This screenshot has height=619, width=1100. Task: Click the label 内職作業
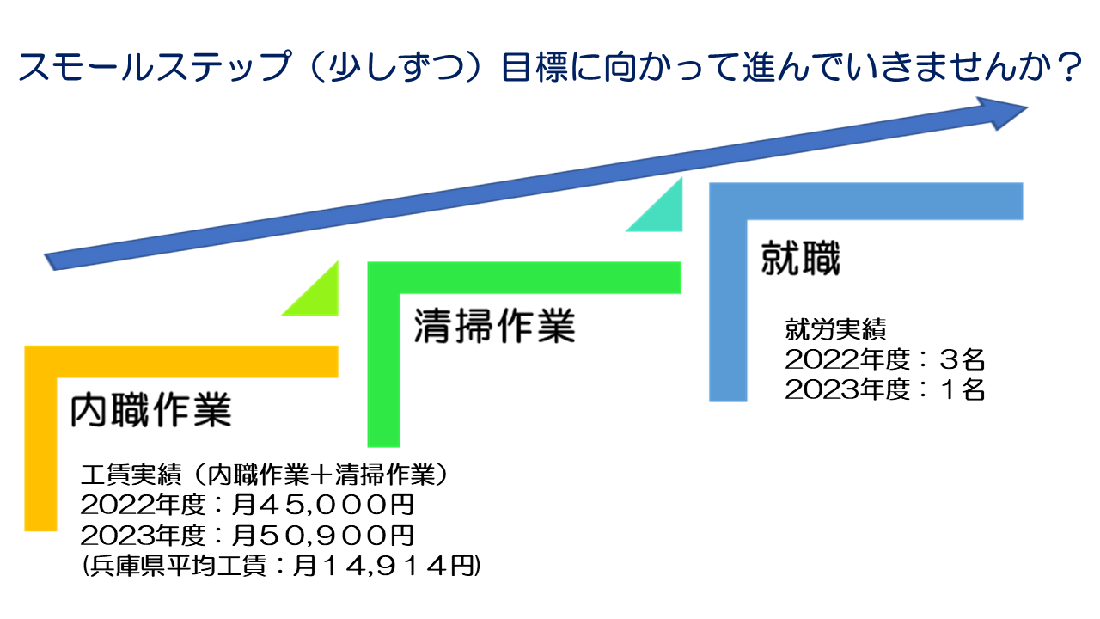(x=150, y=410)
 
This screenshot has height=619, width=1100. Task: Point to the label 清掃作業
(x=494, y=326)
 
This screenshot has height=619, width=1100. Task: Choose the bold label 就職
(x=801, y=258)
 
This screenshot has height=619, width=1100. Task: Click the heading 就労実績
(x=835, y=329)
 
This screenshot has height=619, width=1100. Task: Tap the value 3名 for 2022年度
(x=962, y=359)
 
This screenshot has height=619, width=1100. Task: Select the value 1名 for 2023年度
(x=962, y=390)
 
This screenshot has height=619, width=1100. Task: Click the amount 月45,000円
(x=323, y=505)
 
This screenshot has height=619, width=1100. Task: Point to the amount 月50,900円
(x=323, y=536)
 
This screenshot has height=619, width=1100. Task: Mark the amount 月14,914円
(x=384, y=566)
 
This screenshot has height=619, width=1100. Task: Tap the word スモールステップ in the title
(x=155, y=66)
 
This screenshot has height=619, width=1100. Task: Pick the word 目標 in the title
(x=535, y=66)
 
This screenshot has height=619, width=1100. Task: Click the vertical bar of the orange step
(x=40, y=438)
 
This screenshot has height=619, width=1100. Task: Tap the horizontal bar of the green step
(x=524, y=278)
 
